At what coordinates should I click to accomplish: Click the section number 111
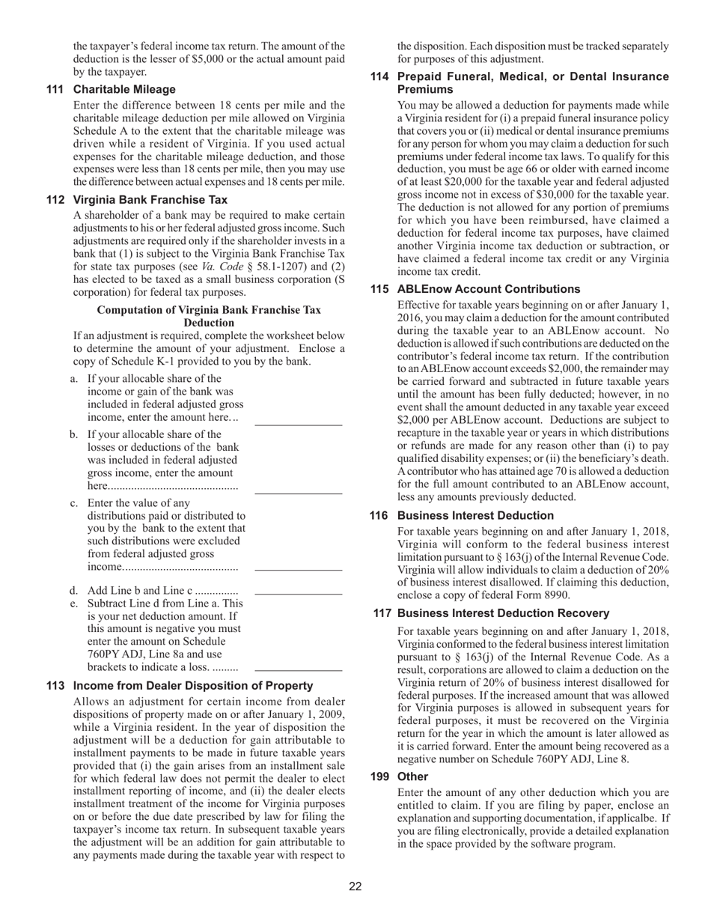click(55, 89)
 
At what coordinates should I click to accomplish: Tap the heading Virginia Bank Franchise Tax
click(150, 200)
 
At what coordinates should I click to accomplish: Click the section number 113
click(55, 686)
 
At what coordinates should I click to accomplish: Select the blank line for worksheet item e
click(298, 669)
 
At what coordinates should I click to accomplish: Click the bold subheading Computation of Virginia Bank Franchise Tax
click(209, 310)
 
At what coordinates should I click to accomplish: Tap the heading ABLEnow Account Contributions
click(488, 289)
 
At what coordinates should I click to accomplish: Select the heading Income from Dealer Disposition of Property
click(193, 686)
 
